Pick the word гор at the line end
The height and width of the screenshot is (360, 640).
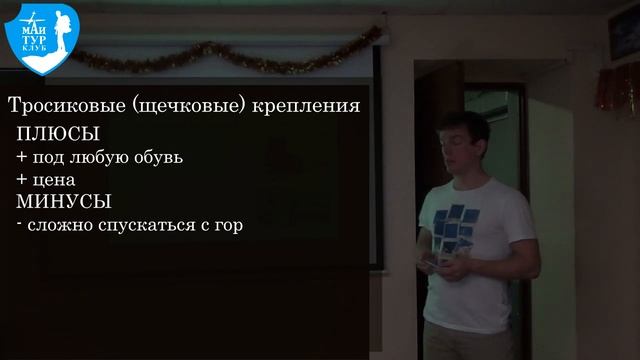228,226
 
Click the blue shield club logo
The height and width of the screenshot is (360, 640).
41,40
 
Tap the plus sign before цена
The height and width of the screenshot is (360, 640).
21,179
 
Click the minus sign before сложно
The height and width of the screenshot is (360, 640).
20,225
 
